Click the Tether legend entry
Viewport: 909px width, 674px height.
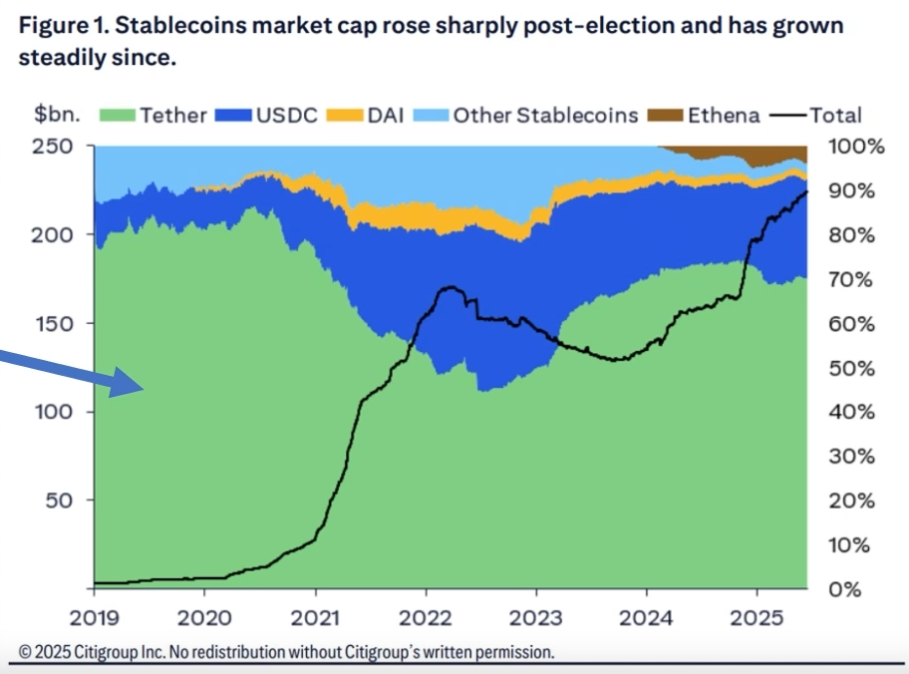[x=155, y=116]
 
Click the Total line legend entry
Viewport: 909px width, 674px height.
[x=817, y=116]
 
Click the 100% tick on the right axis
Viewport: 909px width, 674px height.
[x=856, y=147]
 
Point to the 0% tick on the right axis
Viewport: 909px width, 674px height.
[x=846, y=588]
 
